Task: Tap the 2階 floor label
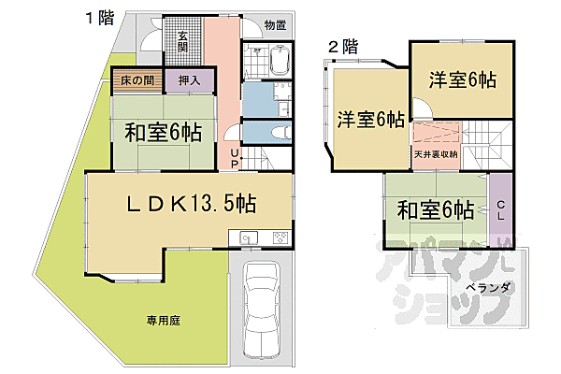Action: (x=342, y=44)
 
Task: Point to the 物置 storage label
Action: (x=274, y=26)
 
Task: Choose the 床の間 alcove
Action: (x=137, y=80)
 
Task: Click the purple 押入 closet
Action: (x=190, y=80)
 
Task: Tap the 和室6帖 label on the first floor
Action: (x=163, y=131)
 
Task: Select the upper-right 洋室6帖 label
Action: (x=462, y=79)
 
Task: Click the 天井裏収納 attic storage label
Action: (x=435, y=154)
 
